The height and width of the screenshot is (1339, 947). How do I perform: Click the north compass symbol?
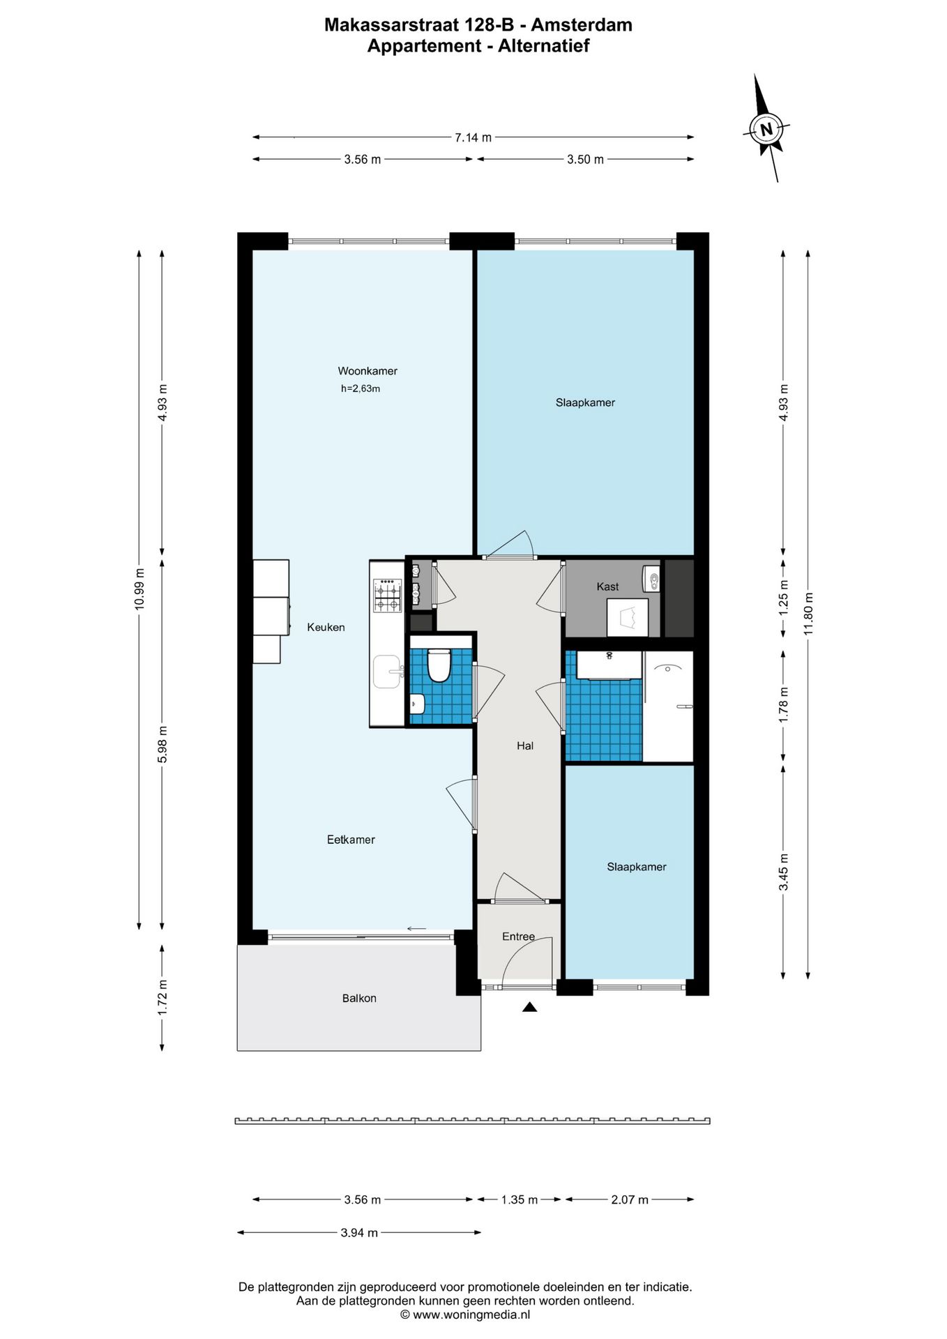tap(767, 129)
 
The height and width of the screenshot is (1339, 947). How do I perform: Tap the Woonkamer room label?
tap(368, 371)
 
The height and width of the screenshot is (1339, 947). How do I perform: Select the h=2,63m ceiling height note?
tap(361, 389)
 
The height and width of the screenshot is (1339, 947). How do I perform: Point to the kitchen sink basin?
tap(387, 671)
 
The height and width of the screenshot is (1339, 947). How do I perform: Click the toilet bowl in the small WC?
tap(439, 665)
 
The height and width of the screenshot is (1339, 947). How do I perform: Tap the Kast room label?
tap(607, 587)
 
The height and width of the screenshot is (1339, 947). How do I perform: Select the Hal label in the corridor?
tap(525, 746)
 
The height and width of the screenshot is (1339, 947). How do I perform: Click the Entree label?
tap(518, 937)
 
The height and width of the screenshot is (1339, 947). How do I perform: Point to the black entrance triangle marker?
tap(529, 1007)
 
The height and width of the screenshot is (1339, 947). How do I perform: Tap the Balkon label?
tap(359, 999)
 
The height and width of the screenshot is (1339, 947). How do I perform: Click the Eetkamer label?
tap(351, 840)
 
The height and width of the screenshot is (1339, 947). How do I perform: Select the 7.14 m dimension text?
tap(473, 137)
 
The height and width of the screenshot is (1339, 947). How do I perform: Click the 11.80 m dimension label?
tap(808, 614)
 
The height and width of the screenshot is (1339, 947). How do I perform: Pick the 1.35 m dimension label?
tap(520, 1200)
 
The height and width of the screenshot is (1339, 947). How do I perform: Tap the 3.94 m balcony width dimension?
tap(359, 1233)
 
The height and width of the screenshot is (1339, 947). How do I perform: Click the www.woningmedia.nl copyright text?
tap(465, 1315)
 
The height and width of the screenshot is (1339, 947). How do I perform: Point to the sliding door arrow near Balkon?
tap(416, 928)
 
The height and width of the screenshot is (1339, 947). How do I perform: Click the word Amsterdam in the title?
tap(582, 25)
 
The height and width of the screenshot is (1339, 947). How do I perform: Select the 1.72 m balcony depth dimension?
tap(162, 997)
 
